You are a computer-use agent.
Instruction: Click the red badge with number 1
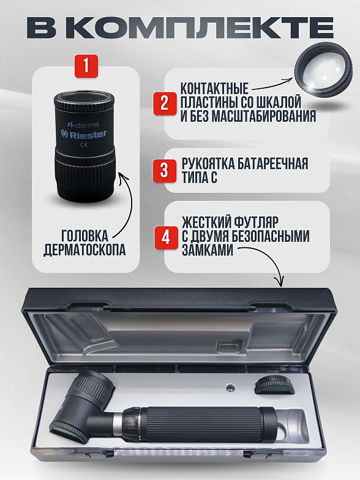[86, 66]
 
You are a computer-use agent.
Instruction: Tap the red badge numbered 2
[165, 103]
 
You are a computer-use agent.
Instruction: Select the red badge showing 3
[165, 171]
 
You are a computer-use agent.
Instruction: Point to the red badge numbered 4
[167, 238]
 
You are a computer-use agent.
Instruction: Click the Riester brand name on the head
[84, 134]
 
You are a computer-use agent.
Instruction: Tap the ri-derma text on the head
[83, 125]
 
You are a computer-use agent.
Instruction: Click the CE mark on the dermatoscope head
[84, 144]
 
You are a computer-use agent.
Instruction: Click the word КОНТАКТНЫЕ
[214, 89]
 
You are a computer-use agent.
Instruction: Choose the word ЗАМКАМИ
[208, 250]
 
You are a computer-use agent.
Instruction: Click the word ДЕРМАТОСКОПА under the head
[84, 250]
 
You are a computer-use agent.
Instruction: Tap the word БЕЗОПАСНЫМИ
[269, 236]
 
